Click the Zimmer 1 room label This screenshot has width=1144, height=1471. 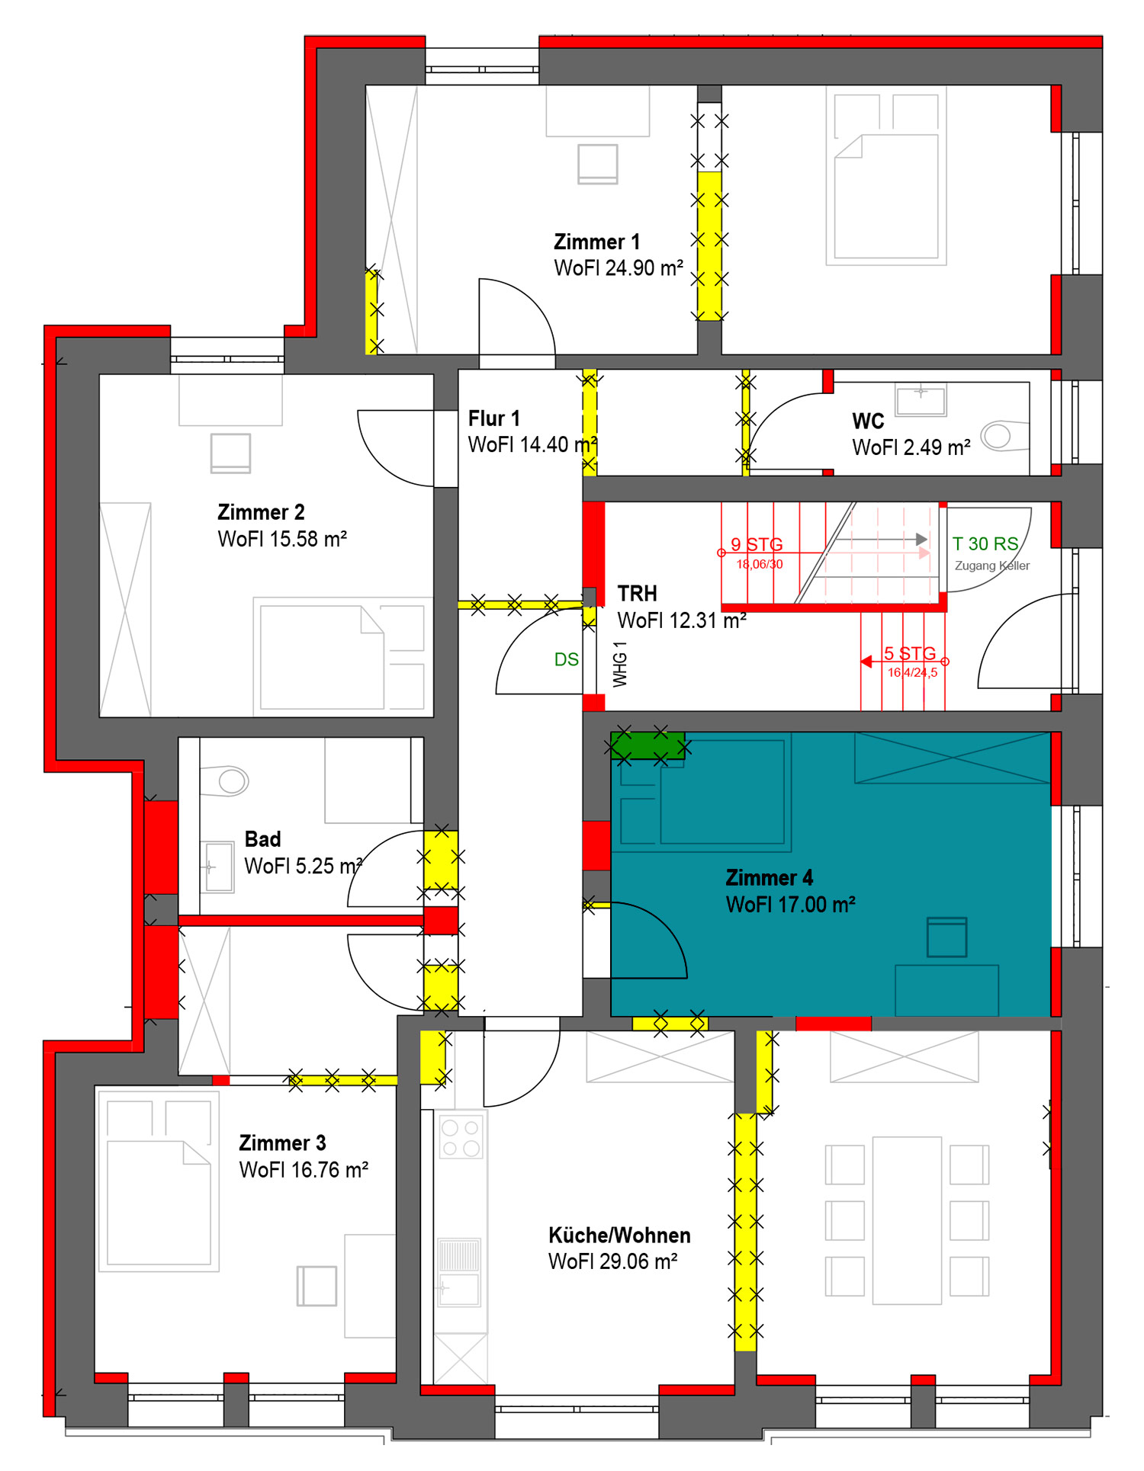coord(596,242)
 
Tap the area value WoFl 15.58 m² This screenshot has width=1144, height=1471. coord(282,539)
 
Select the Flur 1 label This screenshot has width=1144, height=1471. coord(493,418)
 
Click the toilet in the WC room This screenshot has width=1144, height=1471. coord(999,436)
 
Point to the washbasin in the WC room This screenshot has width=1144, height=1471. coord(921,399)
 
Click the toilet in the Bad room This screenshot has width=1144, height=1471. coord(226,780)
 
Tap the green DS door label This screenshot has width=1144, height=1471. coord(567,659)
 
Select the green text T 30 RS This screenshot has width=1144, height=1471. coord(985,543)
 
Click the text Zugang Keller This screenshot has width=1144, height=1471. coord(992,566)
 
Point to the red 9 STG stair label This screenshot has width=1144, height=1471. coord(757,544)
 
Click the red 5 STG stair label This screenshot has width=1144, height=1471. coord(910,653)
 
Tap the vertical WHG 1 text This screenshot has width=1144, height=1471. coord(620,664)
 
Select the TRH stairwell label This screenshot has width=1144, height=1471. coord(637,594)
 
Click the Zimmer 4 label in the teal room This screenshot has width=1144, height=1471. coord(770,878)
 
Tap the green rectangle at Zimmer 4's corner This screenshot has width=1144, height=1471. coord(648,745)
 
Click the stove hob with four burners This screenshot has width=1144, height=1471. coord(461,1137)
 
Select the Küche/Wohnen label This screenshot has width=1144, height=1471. coord(619,1235)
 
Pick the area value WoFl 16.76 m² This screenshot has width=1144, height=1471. coord(304,1170)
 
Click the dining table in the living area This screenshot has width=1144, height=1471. coord(908,1220)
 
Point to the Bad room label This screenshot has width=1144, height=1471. coord(263,839)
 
